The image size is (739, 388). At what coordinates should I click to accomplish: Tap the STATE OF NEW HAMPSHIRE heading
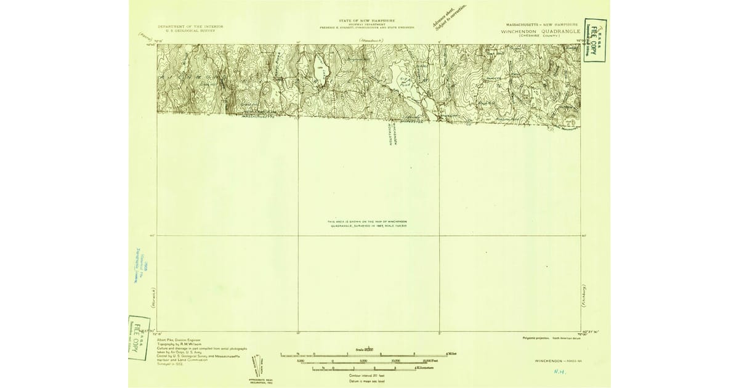(367, 20)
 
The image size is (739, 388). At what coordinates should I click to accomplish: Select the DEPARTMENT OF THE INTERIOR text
(190, 26)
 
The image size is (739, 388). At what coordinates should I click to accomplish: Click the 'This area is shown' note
(368, 224)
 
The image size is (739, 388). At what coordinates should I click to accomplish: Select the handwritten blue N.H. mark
(559, 371)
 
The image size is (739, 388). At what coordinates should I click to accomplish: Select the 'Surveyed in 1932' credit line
(171, 364)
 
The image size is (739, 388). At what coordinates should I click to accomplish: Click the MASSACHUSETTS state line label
(259, 117)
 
